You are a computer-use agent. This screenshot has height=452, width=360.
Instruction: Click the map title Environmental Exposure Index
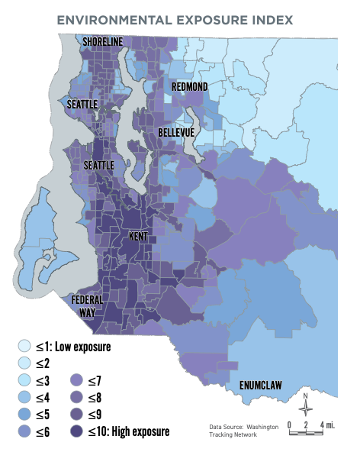point(180,18)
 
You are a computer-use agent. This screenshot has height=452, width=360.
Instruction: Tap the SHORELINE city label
point(102,41)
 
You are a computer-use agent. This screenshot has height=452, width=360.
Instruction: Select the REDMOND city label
point(189,87)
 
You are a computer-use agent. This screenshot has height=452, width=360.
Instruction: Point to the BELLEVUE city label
point(176,133)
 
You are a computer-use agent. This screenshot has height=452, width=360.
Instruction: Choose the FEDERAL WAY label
point(86,305)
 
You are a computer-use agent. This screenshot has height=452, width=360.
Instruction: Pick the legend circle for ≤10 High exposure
point(77,432)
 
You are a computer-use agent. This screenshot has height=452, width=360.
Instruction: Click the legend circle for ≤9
point(77,415)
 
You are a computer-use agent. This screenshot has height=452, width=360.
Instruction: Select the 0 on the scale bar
point(291,425)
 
